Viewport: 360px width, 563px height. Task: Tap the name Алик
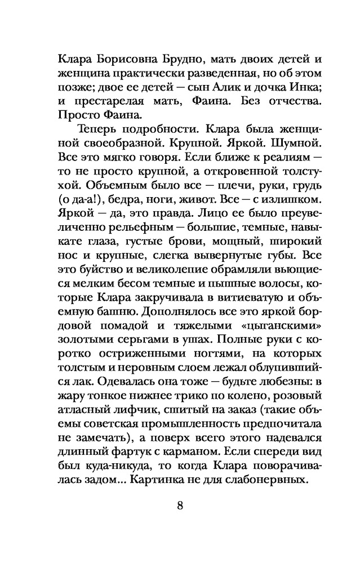(231, 88)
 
